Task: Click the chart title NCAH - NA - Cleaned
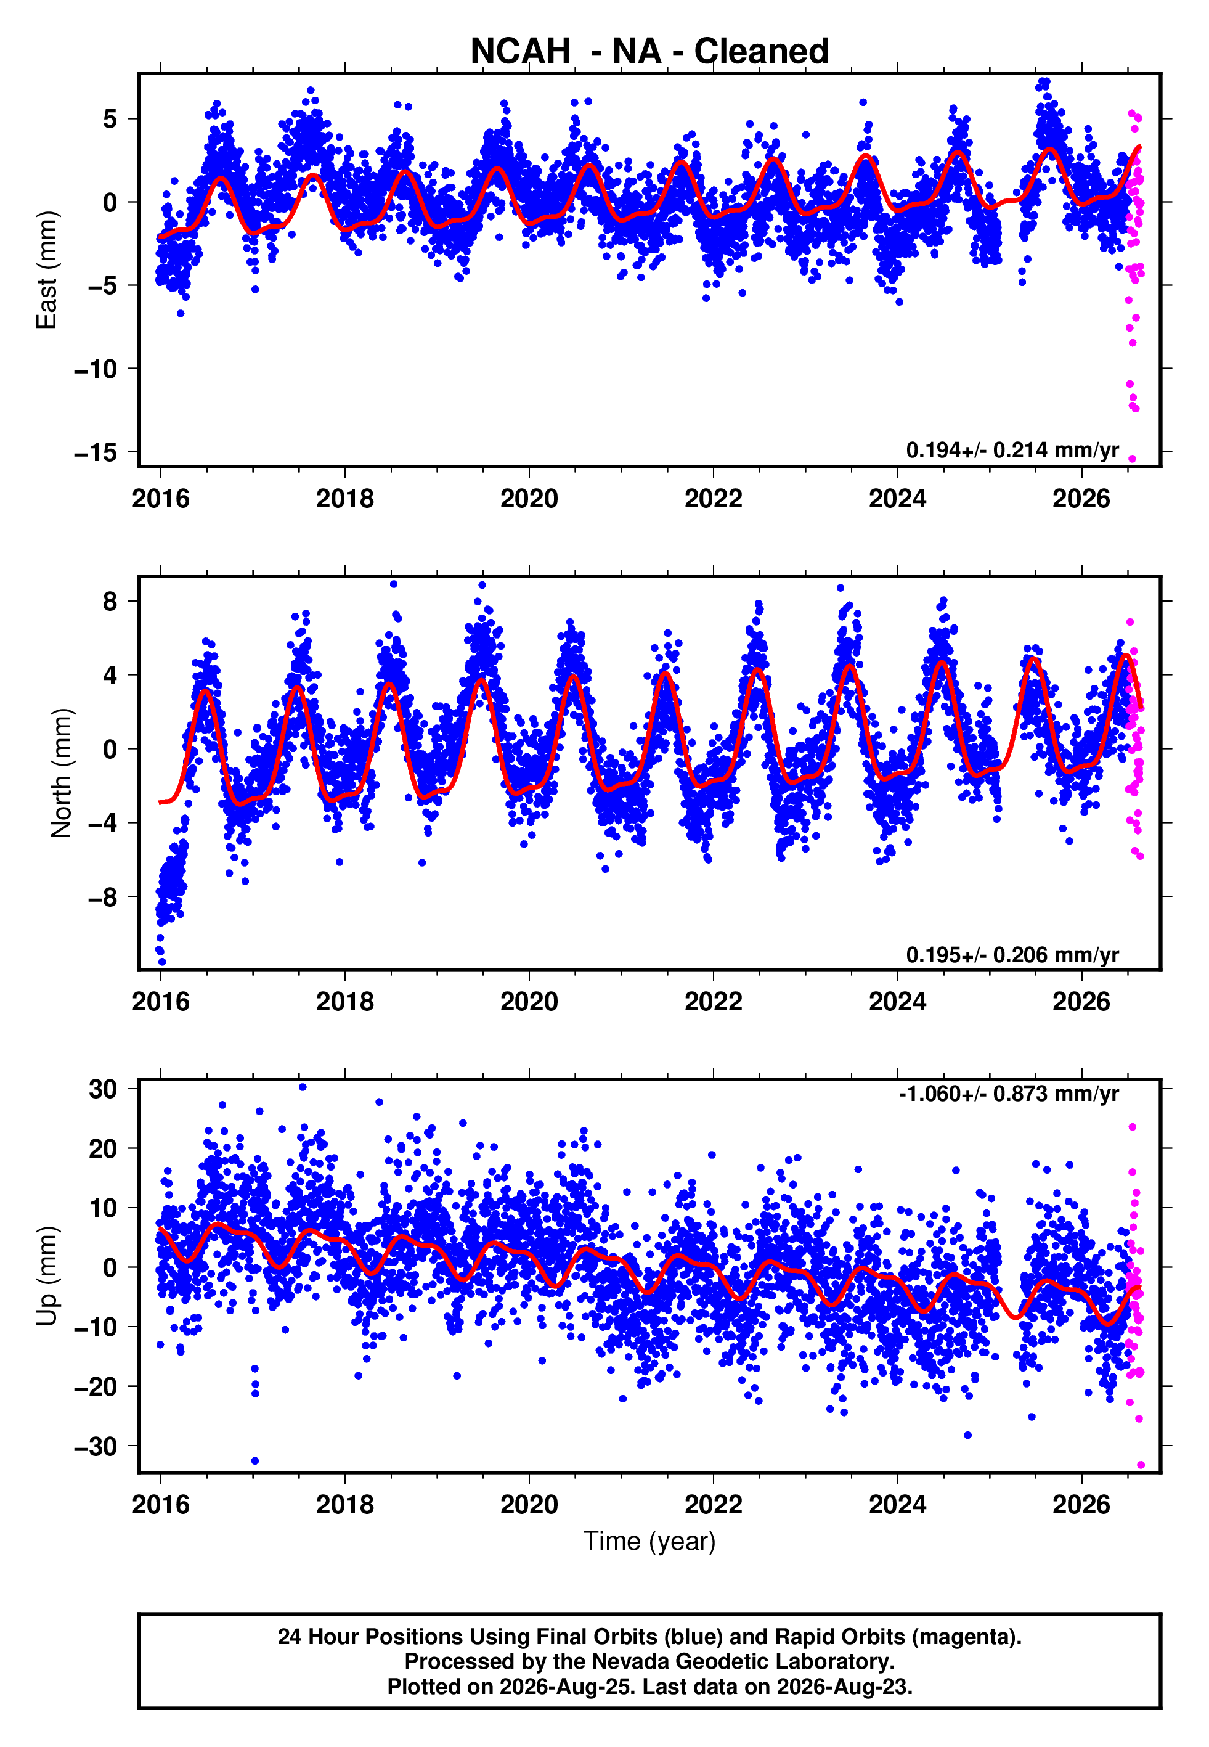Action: pyautogui.click(x=649, y=52)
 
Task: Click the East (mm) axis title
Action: pyautogui.click(x=47, y=270)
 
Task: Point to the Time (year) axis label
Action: pyautogui.click(x=649, y=1541)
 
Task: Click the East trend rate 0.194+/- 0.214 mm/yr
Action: pyautogui.click(x=1012, y=450)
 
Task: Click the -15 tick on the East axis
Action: pyautogui.click(x=96, y=453)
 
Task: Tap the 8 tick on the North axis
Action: pyautogui.click(x=110, y=602)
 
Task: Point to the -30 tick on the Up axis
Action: pyautogui.click(x=96, y=1446)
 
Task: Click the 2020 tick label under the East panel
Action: pyautogui.click(x=529, y=499)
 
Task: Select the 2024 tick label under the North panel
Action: pyautogui.click(x=897, y=1002)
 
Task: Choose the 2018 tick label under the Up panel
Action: pyautogui.click(x=344, y=1504)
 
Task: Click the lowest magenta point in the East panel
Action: pyautogui.click(x=1133, y=459)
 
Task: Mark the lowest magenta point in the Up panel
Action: pyautogui.click(x=1141, y=1465)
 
